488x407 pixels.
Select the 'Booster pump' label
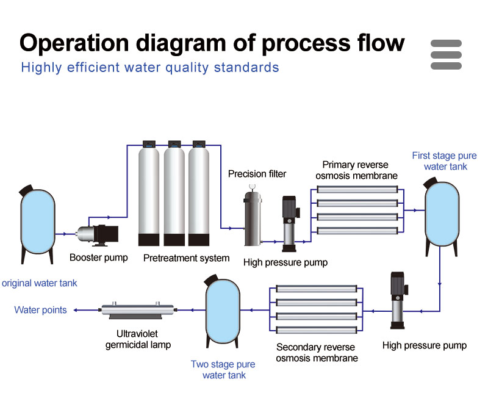tap(99, 258)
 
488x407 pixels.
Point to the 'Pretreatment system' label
tap(186, 258)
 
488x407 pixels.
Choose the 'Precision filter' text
tap(257, 174)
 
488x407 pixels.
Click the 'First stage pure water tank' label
tap(444, 160)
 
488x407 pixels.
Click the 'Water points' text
tap(40, 310)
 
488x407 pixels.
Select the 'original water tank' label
tap(40, 283)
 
